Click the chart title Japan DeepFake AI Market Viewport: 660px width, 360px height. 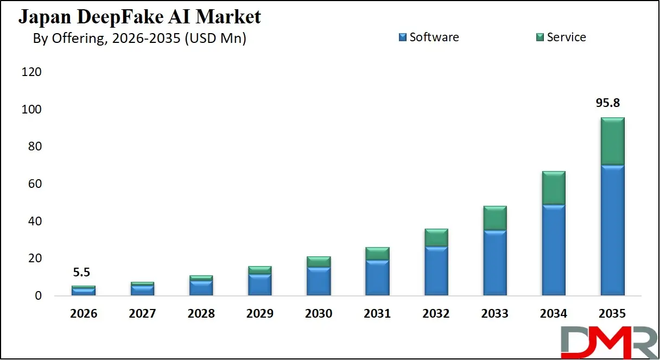point(139,17)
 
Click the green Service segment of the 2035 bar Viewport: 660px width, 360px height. point(612,141)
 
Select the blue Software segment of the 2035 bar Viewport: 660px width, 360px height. point(612,230)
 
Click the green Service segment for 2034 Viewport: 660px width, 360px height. point(554,188)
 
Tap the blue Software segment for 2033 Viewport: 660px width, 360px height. point(495,263)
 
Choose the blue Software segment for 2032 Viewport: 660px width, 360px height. point(436,271)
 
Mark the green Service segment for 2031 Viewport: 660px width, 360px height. point(377,254)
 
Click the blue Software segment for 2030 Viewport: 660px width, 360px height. point(319,281)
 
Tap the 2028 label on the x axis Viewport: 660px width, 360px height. point(201,314)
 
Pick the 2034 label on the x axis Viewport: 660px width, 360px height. point(554,314)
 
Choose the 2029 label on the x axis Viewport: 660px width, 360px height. point(259,314)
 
